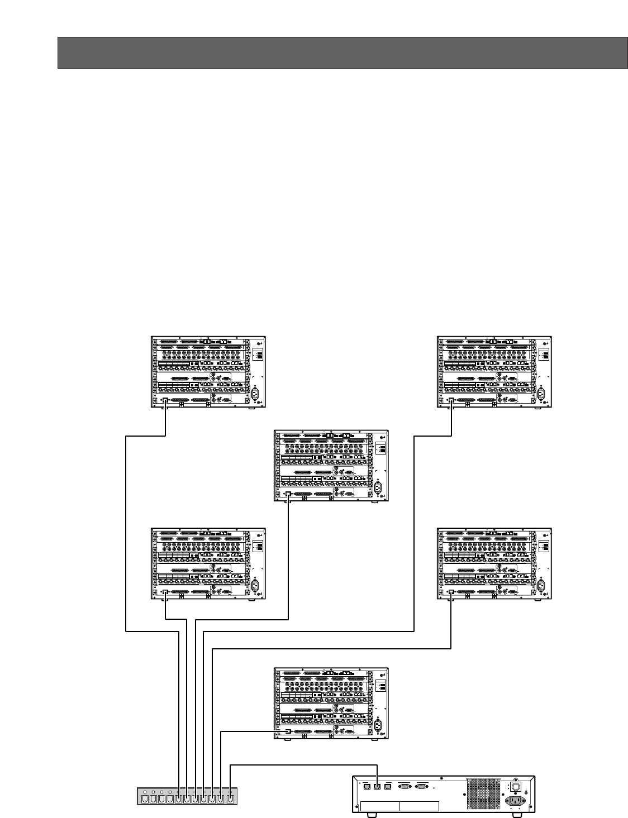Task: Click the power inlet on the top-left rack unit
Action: point(257,394)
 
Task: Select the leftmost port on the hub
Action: point(146,798)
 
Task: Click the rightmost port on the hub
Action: point(230,798)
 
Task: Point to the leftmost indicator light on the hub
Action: point(145,792)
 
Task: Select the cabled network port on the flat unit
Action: point(378,786)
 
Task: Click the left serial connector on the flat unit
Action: point(403,786)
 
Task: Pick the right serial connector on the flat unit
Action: point(423,786)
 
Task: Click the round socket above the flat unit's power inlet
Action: point(516,786)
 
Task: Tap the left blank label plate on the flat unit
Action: point(380,806)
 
